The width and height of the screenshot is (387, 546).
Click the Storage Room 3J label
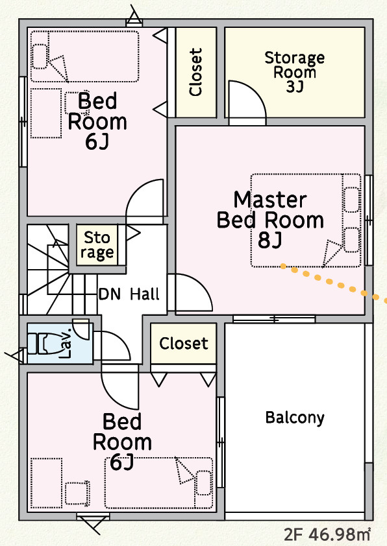[295, 72]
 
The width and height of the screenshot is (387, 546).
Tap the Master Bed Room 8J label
[270, 220]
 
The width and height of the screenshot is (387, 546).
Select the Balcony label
[295, 418]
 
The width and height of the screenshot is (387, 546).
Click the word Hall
[145, 294]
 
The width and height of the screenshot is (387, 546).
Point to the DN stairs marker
[110, 294]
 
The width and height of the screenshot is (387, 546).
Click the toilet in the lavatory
[42, 344]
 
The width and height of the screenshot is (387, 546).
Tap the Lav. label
[65, 343]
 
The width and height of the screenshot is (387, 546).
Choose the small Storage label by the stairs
[97, 246]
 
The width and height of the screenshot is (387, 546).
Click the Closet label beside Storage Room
[195, 72]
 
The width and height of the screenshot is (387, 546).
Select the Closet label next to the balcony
[184, 343]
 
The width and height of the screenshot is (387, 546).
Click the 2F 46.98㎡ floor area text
[327, 534]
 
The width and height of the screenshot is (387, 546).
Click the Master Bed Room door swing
[190, 292]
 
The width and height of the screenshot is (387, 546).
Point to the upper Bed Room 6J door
[145, 201]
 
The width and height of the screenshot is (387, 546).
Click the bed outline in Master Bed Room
[306, 220]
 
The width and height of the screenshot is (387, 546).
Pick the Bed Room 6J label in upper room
[97, 121]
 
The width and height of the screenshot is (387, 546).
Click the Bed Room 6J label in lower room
[122, 441]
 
